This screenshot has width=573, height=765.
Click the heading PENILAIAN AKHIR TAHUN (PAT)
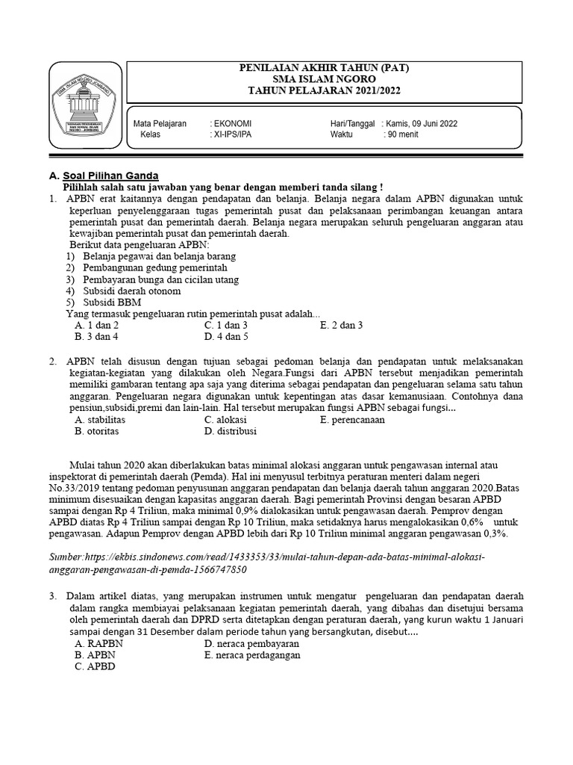point(323,68)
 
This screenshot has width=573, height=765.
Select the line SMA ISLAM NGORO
point(323,78)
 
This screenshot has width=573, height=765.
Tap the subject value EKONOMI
point(232,123)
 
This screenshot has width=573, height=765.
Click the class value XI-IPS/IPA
point(232,134)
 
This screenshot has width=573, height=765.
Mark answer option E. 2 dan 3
point(341,326)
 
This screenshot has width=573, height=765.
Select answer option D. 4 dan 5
point(226,337)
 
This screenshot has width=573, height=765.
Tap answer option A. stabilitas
point(100,420)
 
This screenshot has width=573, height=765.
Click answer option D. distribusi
point(231,431)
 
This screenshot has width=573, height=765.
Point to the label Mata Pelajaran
point(160,123)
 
